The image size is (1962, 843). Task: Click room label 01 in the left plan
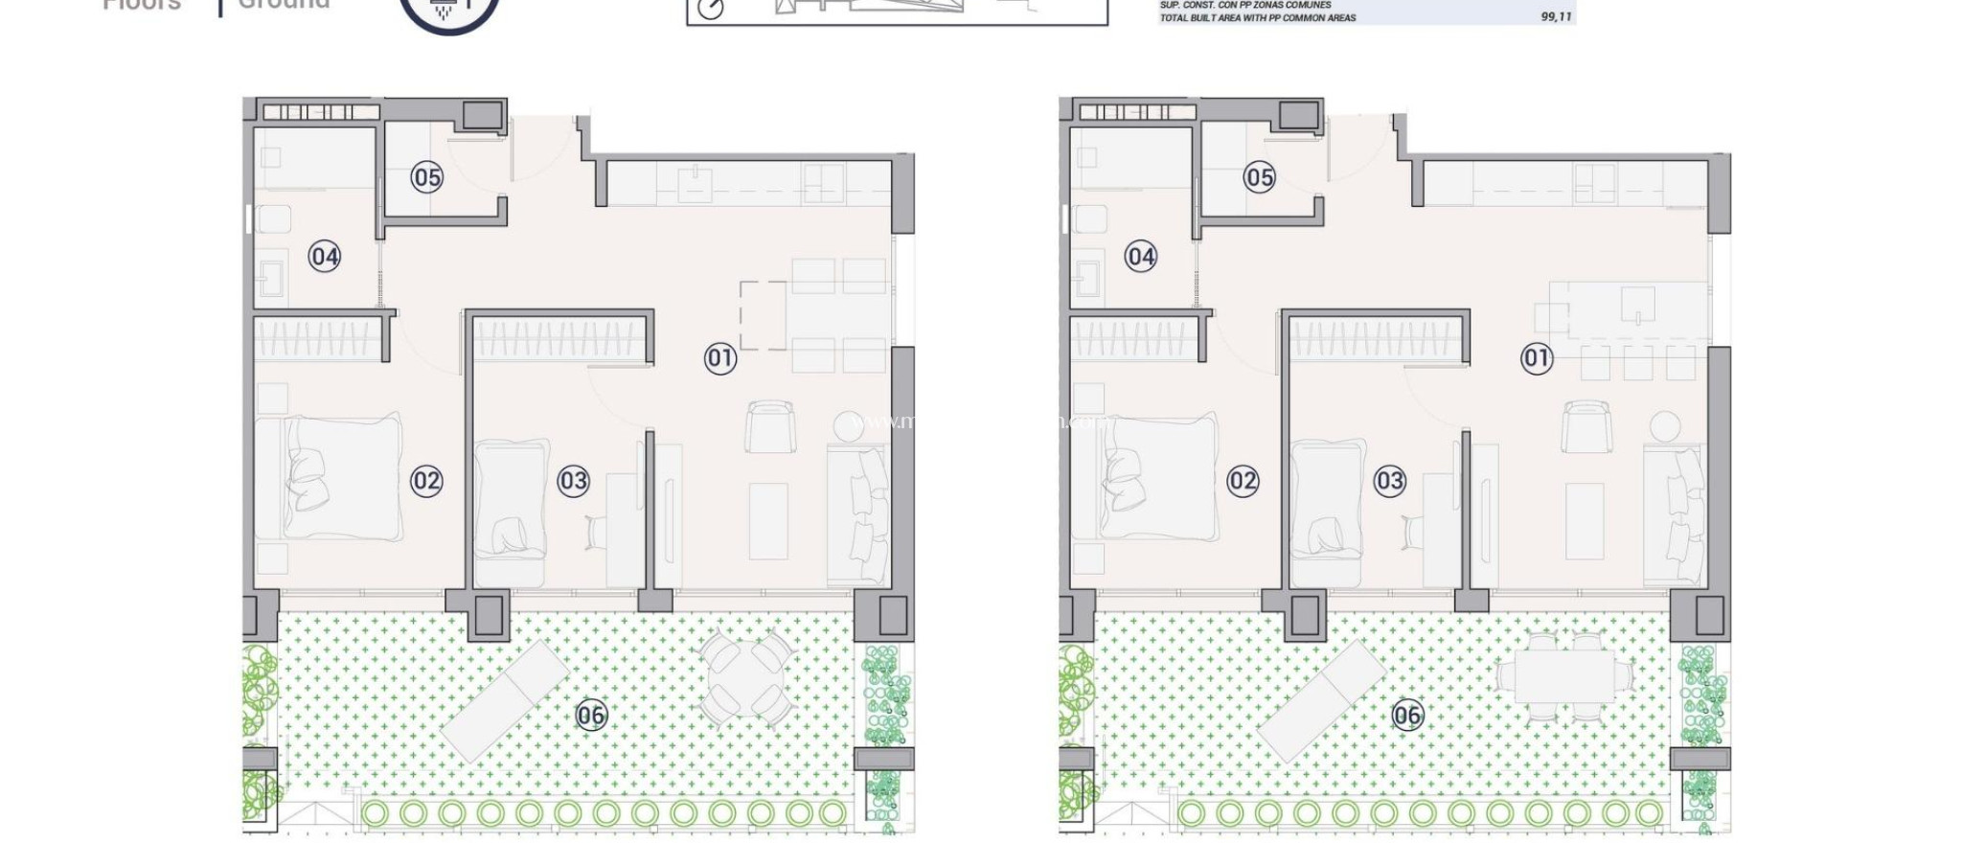pyautogui.click(x=720, y=358)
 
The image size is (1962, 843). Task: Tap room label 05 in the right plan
pyautogui.click(x=1260, y=177)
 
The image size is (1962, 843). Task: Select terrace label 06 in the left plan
pyautogui.click(x=591, y=715)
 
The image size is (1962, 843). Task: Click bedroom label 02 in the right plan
pyautogui.click(x=1243, y=481)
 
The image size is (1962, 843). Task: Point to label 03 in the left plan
pyautogui.click(x=573, y=481)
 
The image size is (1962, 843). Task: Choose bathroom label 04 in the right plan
pyautogui.click(x=1140, y=257)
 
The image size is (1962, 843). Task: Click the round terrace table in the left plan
pyautogui.click(x=746, y=678)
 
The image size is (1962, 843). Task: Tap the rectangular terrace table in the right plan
pyautogui.click(x=1564, y=676)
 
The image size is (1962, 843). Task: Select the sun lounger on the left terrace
pyautogui.click(x=505, y=700)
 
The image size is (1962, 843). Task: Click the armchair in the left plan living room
pyautogui.click(x=770, y=427)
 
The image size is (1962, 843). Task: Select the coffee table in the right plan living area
pyautogui.click(x=1584, y=521)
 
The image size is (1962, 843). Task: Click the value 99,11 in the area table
pyautogui.click(x=1556, y=17)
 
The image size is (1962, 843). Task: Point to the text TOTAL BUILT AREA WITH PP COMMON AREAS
pyautogui.click(x=1257, y=17)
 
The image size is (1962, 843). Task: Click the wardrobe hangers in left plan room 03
pyautogui.click(x=559, y=340)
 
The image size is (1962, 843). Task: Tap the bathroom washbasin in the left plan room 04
pyautogui.click(x=271, y=276)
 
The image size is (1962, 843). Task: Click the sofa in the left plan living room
pyautogui.click(x=857, y=514)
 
